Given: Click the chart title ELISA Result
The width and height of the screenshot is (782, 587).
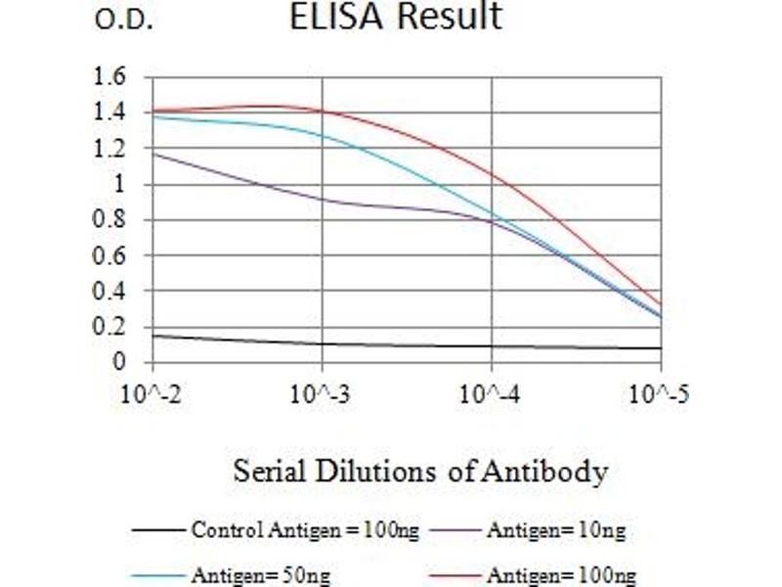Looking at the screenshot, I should [x=396, y=18].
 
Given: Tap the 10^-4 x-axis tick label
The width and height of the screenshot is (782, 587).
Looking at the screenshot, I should [x=492, y=396].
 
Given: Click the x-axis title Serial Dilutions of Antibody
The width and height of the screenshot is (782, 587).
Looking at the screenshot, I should [x=420, y=473].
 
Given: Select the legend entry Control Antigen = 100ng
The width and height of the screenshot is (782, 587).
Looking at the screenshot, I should [x=305, y=531].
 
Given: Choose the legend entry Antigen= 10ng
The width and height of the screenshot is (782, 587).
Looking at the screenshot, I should [x=556, y=531].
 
